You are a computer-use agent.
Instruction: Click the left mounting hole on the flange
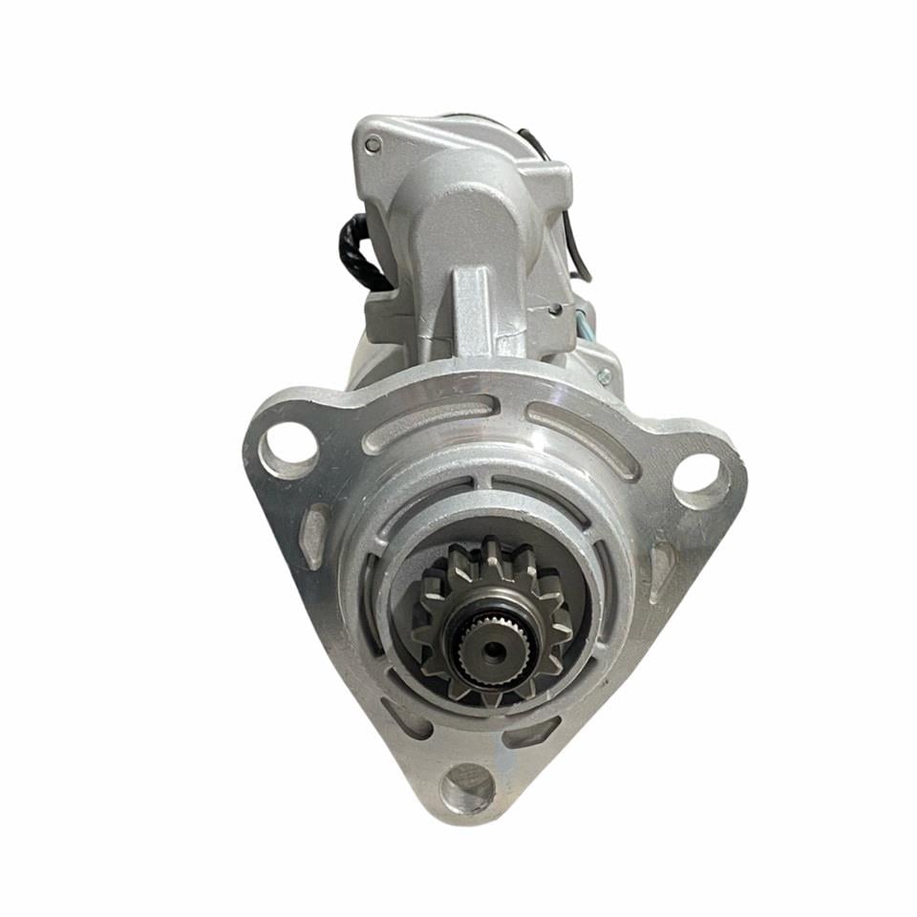[288, 450]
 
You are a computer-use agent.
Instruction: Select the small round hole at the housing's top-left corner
[373, 144]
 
